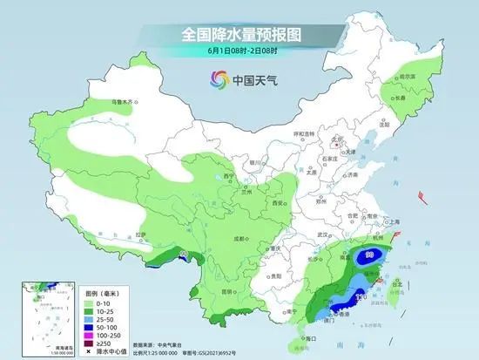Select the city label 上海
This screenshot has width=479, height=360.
pyautogui.click(x=395, y=221)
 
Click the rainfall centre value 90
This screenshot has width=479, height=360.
pyautogui.click(x=370, y=255)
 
